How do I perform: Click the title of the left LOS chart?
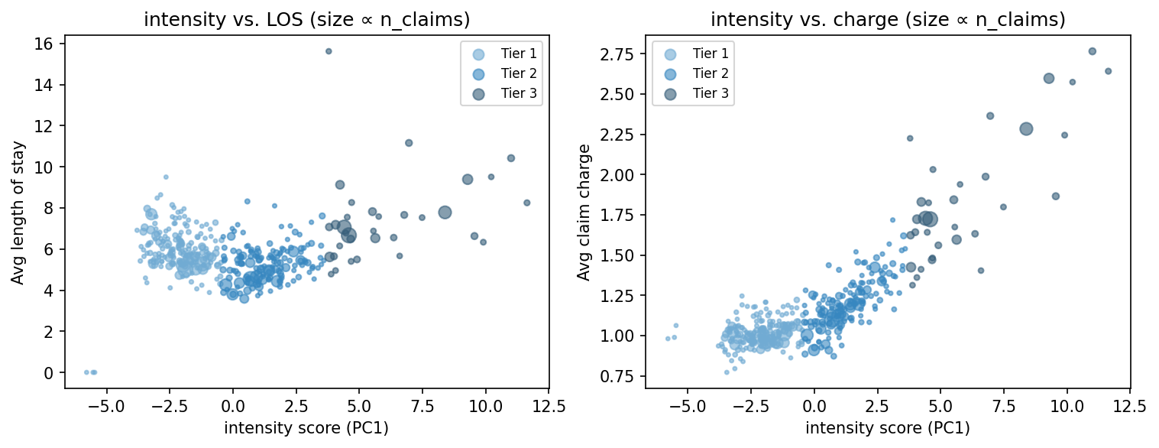306,21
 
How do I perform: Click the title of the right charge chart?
888,21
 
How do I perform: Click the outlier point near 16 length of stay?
329,51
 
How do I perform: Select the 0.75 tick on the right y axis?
622,376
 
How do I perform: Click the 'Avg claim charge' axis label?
584,213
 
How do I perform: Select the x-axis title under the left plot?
306,428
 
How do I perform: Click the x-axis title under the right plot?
888,428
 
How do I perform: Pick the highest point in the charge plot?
1092,51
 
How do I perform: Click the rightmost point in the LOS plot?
526,203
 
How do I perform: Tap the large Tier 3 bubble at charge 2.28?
1026,129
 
